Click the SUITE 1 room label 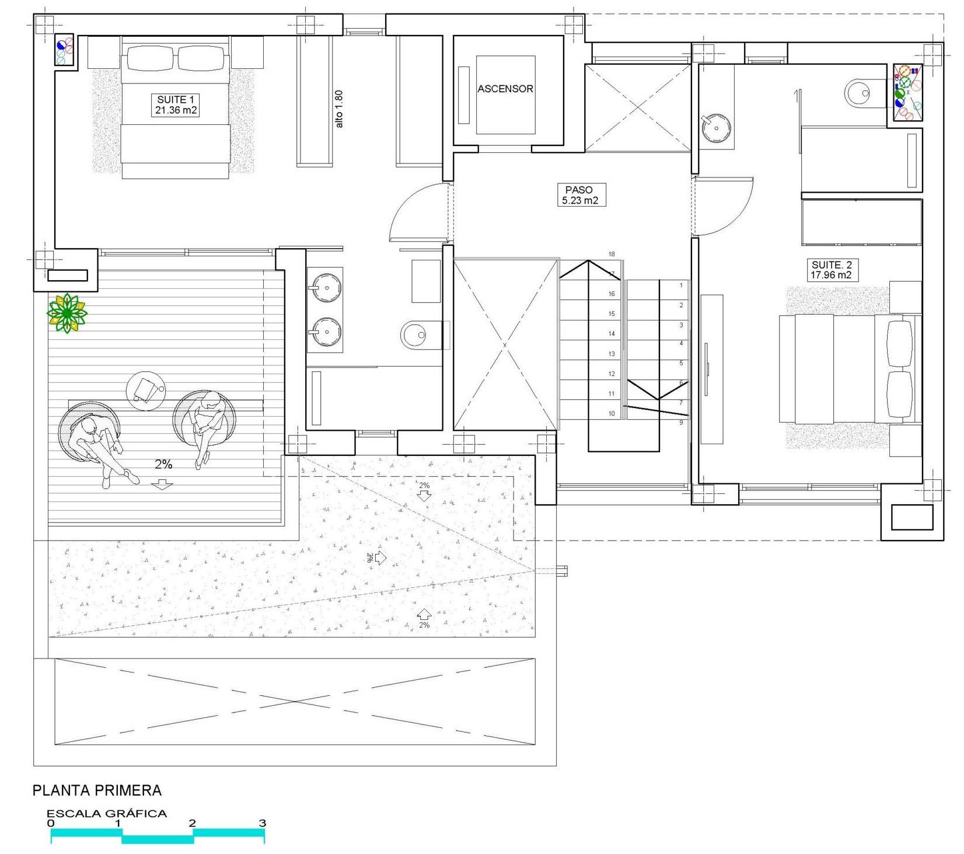[x=175, y=105]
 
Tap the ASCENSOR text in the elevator [x=505, y=89]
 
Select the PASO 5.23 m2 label [x=579, y=195]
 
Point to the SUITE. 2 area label [x=830, y=270]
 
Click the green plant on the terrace [x=67, y=313]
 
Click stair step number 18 [x=612, y=255]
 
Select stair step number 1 [x=681, y=285]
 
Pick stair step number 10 [x=612, y=414]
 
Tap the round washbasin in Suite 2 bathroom [x=716, y=128]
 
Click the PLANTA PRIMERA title [x=97, y=790]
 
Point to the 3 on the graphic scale [x=263, y=823]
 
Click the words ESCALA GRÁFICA [x=107, y=813]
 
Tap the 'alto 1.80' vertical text [x=339, y=109]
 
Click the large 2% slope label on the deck [x=163, y=464]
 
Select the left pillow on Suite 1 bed [x=151, y=58]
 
